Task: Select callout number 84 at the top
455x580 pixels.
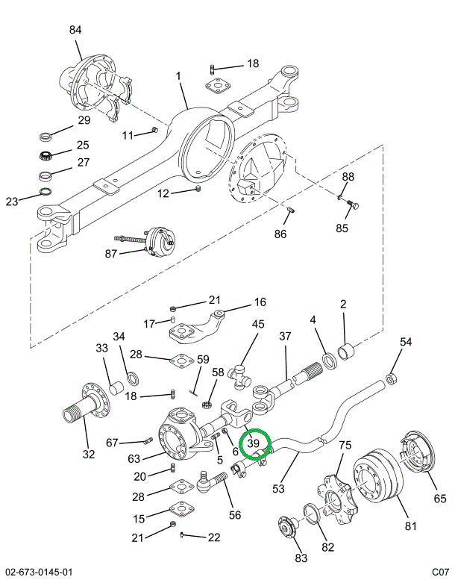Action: coord(75,30)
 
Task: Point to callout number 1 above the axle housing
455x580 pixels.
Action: coord(178,76)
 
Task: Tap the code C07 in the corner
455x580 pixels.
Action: coord(439,572)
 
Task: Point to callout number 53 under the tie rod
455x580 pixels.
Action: coord(278,489)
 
